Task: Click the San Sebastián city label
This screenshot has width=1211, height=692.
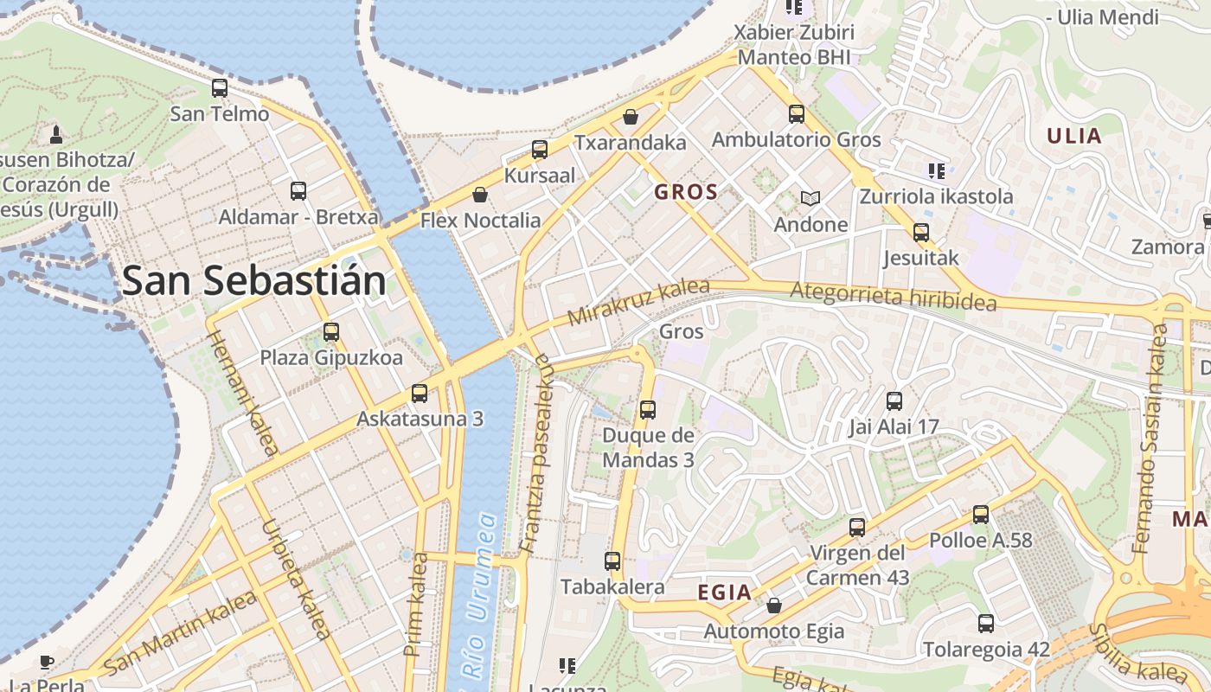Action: [x=254, y=280]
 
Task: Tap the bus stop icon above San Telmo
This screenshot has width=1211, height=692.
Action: [x=220, y=87]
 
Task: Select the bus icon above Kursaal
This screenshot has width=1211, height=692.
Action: [x=540, y=149]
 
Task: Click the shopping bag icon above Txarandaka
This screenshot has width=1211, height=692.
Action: [x=631, y=116]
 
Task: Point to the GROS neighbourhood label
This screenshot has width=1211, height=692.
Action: [x=686, y=192]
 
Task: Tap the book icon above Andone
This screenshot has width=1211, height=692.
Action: [x=810, y=199]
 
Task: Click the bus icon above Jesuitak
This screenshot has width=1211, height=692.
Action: [x=921, y=232]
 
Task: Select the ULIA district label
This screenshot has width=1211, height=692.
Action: [x=1074, y=136]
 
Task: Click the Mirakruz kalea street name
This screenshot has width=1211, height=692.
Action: [x=638, y=302]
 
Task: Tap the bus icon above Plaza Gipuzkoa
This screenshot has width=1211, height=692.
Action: [x=331, y=331]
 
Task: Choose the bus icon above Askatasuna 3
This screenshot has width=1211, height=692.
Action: [x=420, y=393]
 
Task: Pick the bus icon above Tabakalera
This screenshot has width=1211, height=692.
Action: [x=612, y=561]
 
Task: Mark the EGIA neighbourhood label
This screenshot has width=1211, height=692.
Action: [x=724, y=593]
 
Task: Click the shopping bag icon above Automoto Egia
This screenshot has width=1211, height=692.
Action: [x=774, y=605]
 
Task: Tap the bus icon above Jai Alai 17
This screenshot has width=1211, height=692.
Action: [x=894, y=400]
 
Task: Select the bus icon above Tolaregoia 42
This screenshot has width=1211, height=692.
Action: [x=986, y=623]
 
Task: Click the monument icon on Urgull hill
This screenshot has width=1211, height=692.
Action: [x=56, y=134]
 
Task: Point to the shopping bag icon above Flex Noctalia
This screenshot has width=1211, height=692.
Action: [x=480, y=195]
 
